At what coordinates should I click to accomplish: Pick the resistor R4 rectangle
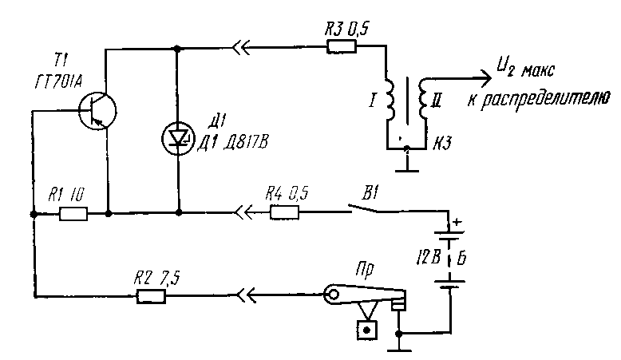click(x=285, y=213)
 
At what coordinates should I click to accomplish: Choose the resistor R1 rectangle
click(x=74, y=213)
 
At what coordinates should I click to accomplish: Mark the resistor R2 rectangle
click(x=151, y=297)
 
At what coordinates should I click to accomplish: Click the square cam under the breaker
click(x=367, y=329)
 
